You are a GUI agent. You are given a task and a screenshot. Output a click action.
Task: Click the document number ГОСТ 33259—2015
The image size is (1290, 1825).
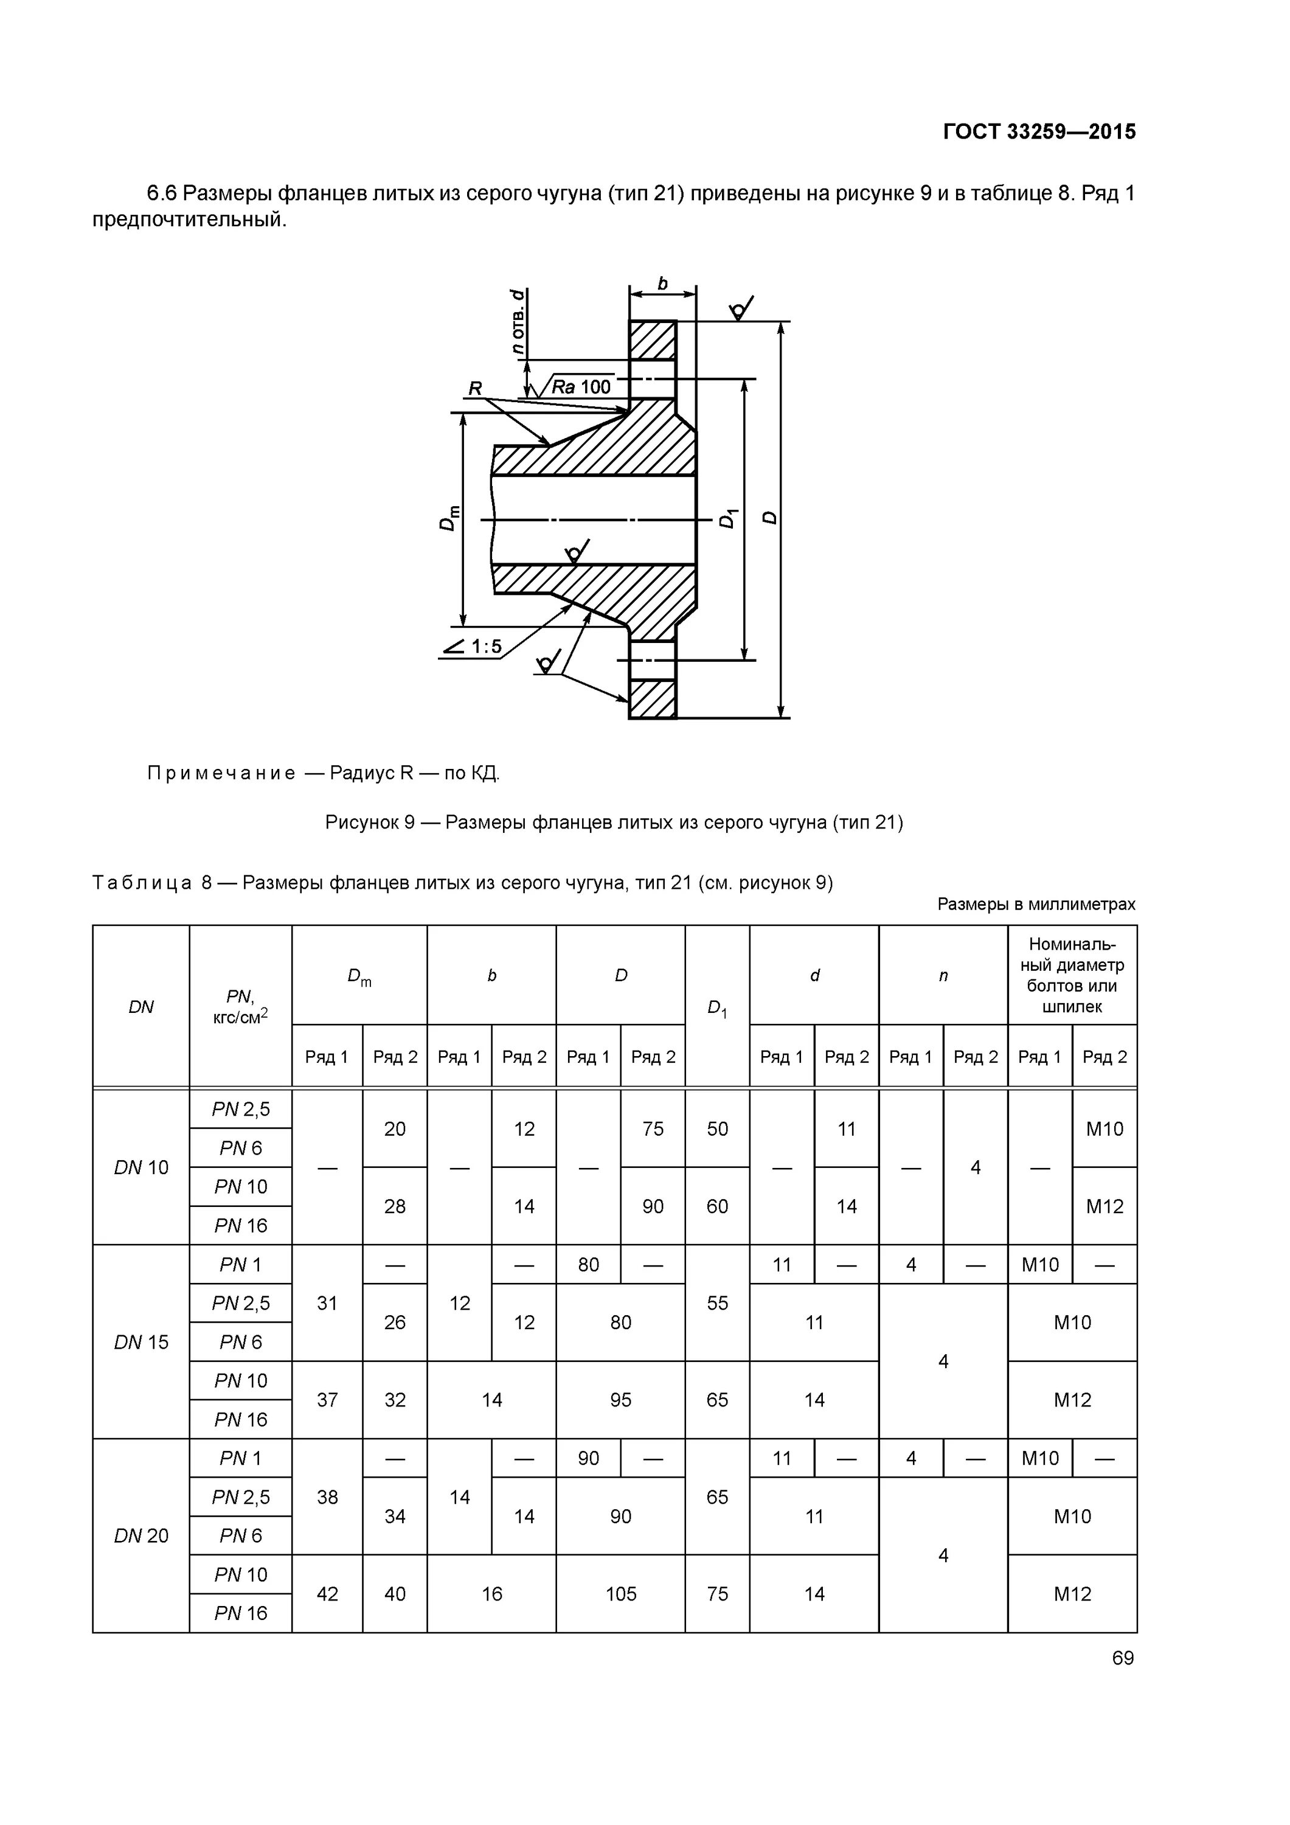(x=1039, y=131)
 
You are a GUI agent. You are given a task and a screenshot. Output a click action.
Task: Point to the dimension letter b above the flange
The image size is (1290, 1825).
(x=662, y=283)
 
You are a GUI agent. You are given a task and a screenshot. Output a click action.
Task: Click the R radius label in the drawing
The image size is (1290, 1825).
(x=474, y=388)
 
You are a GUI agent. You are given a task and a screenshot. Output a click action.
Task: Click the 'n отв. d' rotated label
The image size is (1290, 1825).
(x=518, y=321)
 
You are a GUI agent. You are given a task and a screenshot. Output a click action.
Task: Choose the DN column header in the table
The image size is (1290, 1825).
(x=140, y=1006)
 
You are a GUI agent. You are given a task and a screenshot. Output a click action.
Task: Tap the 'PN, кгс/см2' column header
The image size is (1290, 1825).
(x=240, y=1006)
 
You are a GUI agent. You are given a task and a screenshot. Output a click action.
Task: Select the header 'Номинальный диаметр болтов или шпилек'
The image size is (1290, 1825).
(x=1072, y=975)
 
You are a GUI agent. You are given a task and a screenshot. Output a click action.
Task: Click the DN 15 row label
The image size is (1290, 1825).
(x=140, y=1342)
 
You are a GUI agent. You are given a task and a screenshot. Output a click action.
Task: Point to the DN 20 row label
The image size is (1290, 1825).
(x=140, y=1535)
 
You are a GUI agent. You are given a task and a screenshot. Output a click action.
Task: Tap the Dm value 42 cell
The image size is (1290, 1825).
(x=327, y=1594)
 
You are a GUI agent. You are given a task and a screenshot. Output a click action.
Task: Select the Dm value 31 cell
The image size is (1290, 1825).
(x=327, y=1303)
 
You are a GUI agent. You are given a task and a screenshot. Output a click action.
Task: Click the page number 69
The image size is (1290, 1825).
(x=1122, y=1658)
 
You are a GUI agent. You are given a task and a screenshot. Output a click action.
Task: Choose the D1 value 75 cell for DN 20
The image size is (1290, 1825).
(x=717, y=1594)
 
